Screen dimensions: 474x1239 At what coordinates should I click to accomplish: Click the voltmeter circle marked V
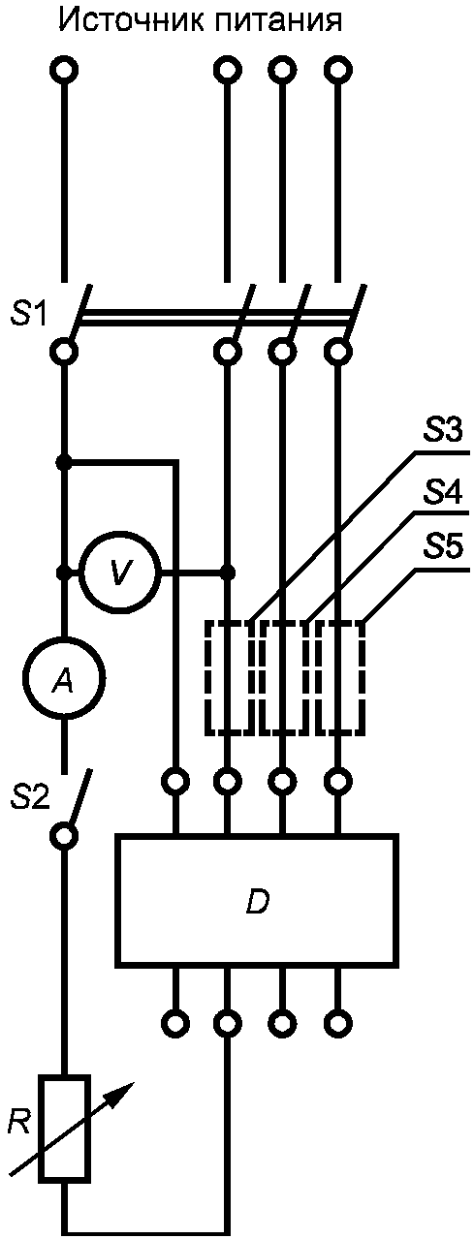(120, 573)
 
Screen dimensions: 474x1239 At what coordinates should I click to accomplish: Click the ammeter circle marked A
(64, 679)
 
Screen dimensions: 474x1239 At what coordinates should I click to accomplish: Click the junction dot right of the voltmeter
(227, 573)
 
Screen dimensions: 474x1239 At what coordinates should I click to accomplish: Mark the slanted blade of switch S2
(79, 797)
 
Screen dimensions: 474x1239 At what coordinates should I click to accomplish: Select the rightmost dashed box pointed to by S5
(340, 678)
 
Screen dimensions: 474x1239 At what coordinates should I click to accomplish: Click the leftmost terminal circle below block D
(177, 1021)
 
